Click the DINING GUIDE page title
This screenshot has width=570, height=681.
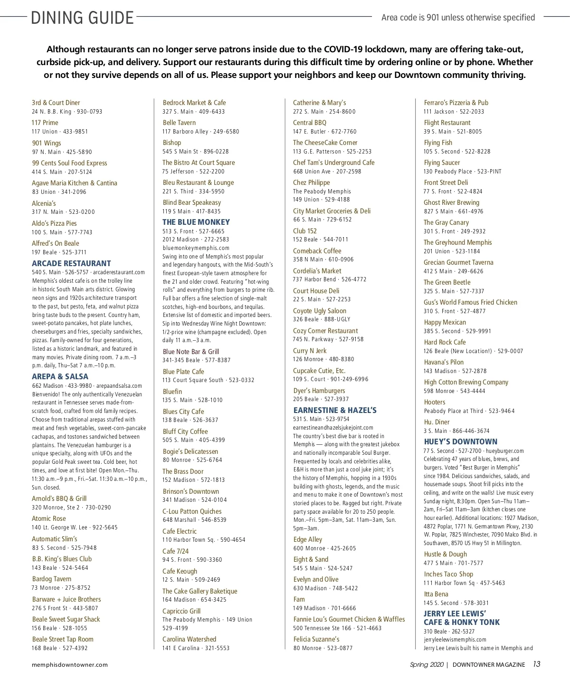82,18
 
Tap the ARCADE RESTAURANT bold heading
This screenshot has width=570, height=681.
71,263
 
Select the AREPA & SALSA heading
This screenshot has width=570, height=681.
60,376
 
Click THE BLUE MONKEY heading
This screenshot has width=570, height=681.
196,222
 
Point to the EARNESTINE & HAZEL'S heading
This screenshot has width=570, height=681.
335,410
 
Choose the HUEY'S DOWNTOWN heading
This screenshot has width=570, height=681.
460,441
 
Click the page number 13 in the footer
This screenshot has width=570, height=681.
536,664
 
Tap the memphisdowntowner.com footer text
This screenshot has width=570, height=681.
70,665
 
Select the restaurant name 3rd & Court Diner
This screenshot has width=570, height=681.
56,103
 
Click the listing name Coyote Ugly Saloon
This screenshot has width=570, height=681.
319,311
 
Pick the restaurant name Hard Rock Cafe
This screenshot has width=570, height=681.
445,342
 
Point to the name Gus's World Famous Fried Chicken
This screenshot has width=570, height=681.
470,302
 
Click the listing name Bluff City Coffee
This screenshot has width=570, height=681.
185,432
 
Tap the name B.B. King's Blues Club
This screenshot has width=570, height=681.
62,559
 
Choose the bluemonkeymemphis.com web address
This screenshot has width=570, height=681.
196,248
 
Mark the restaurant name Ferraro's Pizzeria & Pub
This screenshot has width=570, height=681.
456,103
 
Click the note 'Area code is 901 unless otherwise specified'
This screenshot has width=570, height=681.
458,18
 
